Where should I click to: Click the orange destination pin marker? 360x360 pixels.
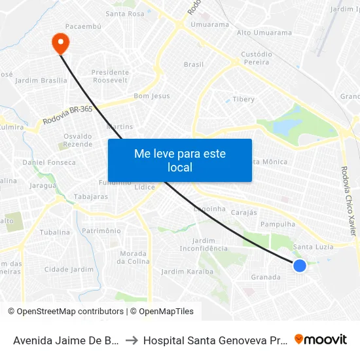(60, 43)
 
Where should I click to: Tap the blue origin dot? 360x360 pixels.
(300, 265)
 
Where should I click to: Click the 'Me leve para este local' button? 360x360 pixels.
(180, 160)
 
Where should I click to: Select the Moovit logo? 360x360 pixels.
(321, 340)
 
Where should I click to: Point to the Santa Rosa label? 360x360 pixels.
(124, 14)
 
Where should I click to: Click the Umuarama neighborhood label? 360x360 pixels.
(209, 25)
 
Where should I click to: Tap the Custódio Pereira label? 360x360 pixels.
(257, 58)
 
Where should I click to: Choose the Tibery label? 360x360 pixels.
(243, 99)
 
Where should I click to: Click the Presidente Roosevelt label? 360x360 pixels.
(110, 77)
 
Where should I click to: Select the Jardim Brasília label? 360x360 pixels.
(41, 81)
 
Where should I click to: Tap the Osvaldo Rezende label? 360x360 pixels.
(78, 139)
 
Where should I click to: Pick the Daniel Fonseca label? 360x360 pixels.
(49, 162)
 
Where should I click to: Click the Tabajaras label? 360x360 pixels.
(91, 196)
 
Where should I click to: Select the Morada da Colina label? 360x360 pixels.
(134, 257)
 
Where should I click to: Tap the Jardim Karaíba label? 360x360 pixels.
(187, 272)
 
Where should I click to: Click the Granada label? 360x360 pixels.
(266, 277)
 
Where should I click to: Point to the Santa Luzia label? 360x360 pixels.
(314, 247)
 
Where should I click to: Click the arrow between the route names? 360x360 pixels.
(132, 340)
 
